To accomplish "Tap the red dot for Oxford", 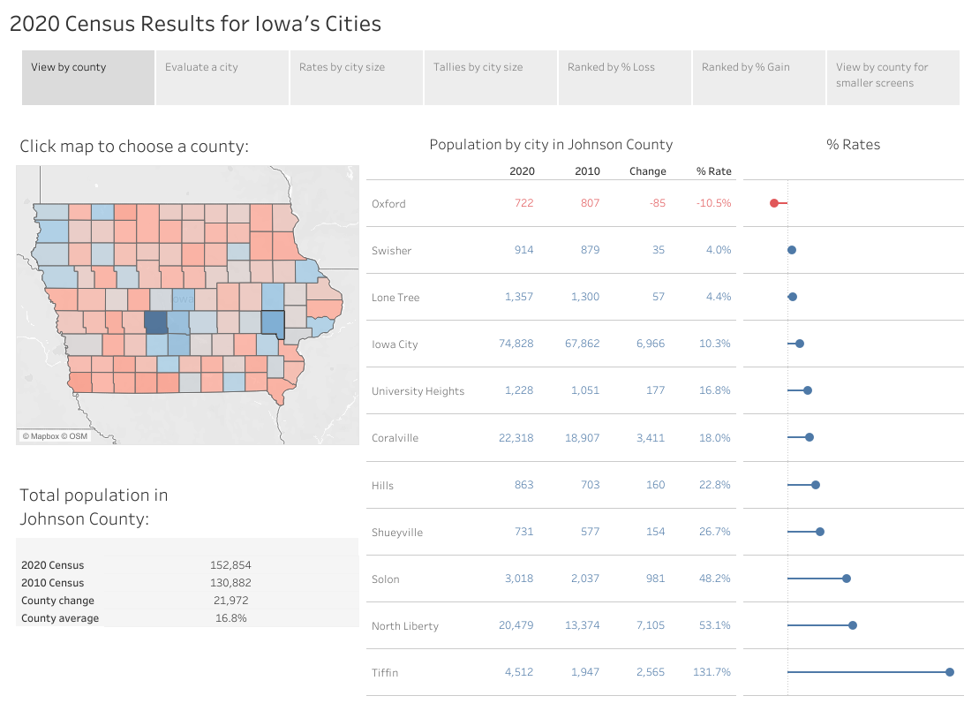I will pyautogui.click(x=774, y=203).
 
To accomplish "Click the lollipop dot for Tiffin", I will pyautogui.click(x=950, y=672).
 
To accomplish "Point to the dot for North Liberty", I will pyautogui.click(x=853, y=625).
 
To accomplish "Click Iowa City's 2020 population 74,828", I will pyautogui.click(x=516, y=344).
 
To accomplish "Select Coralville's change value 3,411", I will pyautogui.click(x=651, y=438).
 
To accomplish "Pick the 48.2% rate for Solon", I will pyautogui.click(x=715, y=579).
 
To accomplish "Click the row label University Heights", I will pyautogui.click(x=418, y=391).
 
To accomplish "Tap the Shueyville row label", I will pyautogui.click(x=397, y=533).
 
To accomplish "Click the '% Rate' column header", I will pyautogui.click(x=713, y=171).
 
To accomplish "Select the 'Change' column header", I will pyautogui.click(x=647, y=171).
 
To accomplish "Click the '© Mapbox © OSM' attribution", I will pyautogui.click(x=55, y=436).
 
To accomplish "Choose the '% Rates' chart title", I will pyautogui.click(x=853, y=145).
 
